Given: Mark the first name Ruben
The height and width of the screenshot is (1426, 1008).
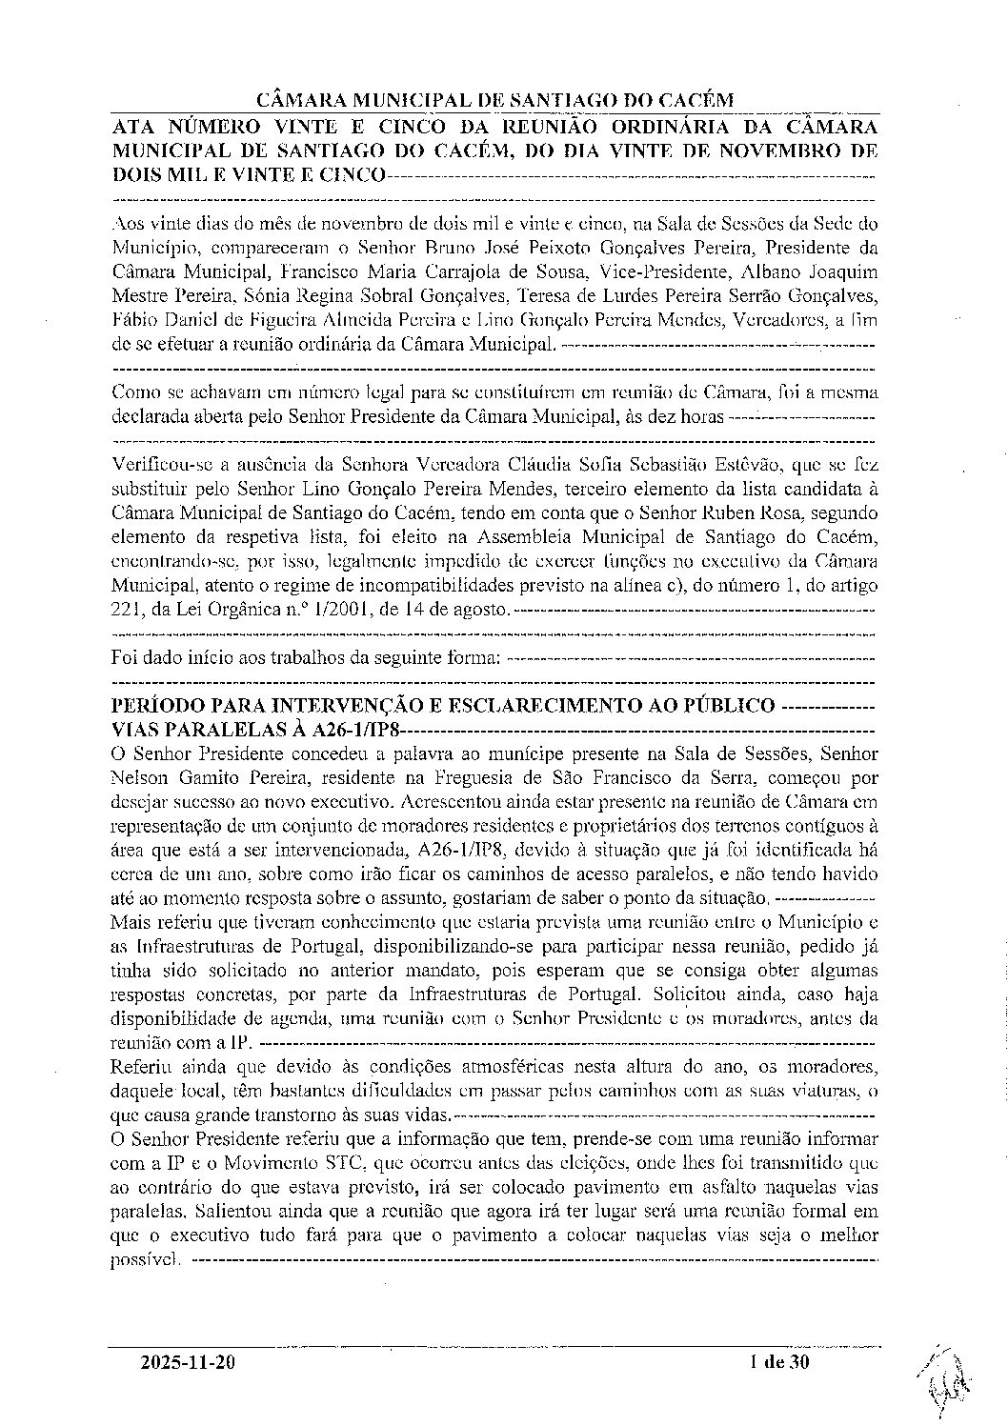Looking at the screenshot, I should click(775, 514).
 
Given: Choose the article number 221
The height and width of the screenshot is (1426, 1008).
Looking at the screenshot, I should click(127, 608).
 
